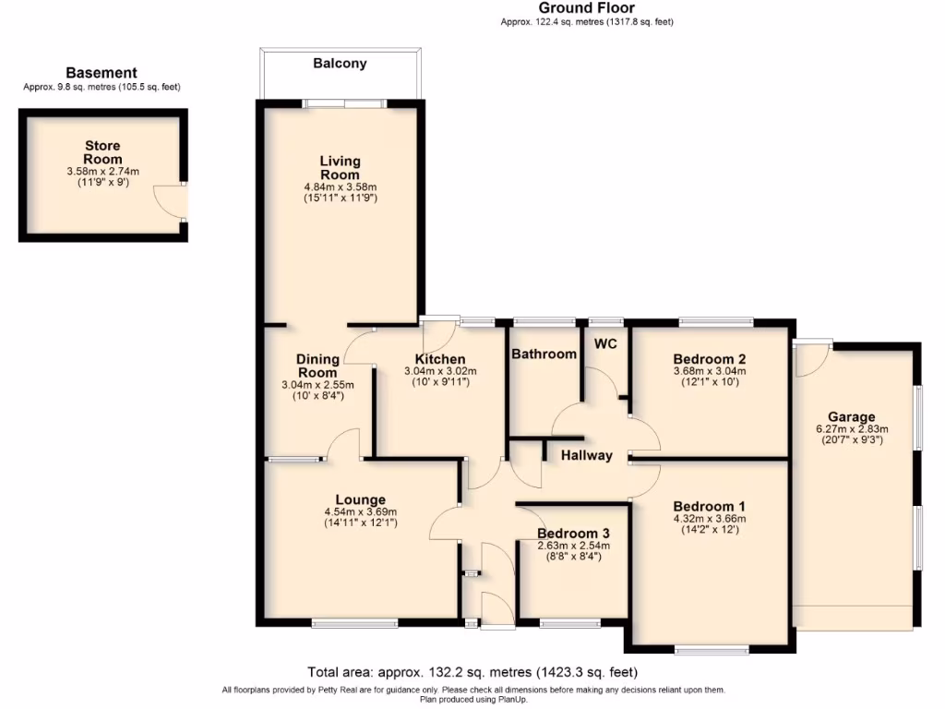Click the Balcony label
click(340, 64)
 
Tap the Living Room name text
click(340, 168)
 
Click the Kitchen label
click(440, 359)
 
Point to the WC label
click(605, 344)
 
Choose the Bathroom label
click(544, 354)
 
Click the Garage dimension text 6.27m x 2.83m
click(851, 429)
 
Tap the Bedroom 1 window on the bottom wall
click(712, 651)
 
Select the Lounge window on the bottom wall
click(354, 624)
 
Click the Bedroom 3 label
click(573, 534)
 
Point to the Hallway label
click(587, 455)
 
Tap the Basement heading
click(102, 73)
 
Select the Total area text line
click(472, 672)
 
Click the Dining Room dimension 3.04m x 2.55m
click(317, 385)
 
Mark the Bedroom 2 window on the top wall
click(716, 321)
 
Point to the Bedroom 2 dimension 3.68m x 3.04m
click(710, 371)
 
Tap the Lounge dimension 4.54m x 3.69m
click(360, 512)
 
